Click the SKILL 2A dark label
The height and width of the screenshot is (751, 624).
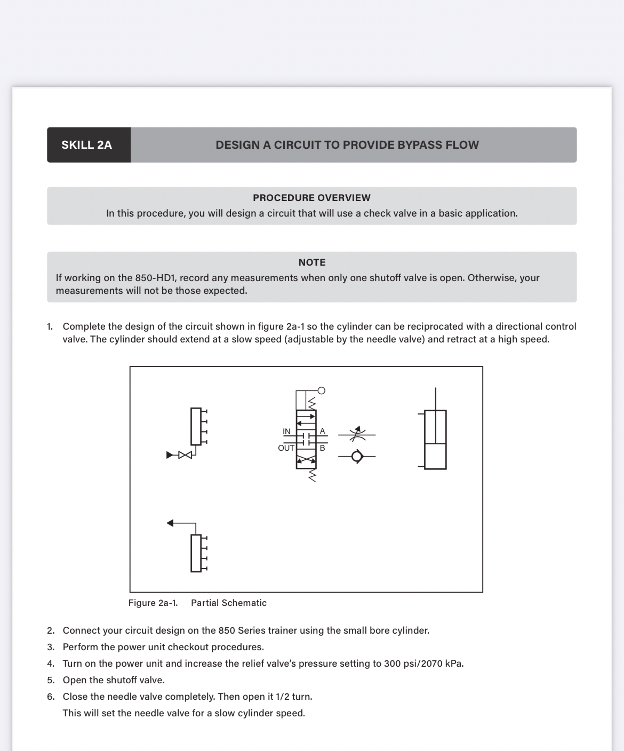(x=87, y=145)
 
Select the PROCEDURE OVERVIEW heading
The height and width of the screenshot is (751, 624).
(x=311, y=198)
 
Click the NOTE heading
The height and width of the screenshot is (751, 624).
(x=311, y=262)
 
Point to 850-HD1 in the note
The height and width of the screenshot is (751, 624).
(x=156, y=278)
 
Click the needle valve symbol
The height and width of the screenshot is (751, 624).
(x=357, y=434)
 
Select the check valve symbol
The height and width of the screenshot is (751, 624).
(x=357, y=456)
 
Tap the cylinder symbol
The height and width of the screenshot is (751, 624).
(x=435, y=440)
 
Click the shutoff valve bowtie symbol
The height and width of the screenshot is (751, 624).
(x=185, y=455)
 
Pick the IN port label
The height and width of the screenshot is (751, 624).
(x=286, y=432)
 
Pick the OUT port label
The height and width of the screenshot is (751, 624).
(x=286, y=448)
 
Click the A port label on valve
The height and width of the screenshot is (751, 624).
(x=322, y=431)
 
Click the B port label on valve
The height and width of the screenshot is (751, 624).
(x=322, y=448)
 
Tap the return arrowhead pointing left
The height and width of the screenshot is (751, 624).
(x=170, y=523)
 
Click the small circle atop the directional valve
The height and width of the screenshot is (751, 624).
(x=321, y=390)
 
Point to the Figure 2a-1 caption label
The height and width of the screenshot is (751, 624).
(x=153, y=603)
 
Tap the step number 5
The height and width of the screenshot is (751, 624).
(x=50, y=680)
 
